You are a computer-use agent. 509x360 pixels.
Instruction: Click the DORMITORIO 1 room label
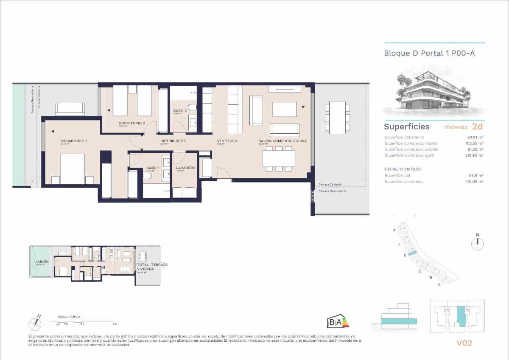click(74, 141)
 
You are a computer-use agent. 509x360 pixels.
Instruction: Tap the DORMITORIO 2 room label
click(132, 123)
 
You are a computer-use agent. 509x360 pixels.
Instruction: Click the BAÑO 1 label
click(153, 168)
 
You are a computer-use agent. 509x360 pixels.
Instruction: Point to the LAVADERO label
click(185, 168)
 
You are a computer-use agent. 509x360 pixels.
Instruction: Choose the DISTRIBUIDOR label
click(173, 141)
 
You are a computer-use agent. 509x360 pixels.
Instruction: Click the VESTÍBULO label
click(227, 141)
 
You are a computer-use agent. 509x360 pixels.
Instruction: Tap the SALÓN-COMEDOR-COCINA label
click(282, 141)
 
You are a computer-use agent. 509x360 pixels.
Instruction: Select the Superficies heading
click(407, 127)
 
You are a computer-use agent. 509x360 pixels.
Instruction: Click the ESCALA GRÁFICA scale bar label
click(69, 317)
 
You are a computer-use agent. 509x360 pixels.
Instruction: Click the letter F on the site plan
click(394, 230)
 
